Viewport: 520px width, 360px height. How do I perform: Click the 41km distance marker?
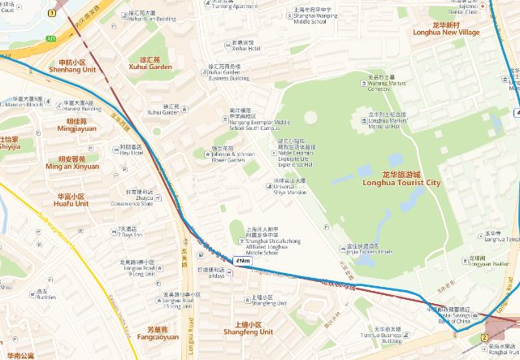[242, 260]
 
